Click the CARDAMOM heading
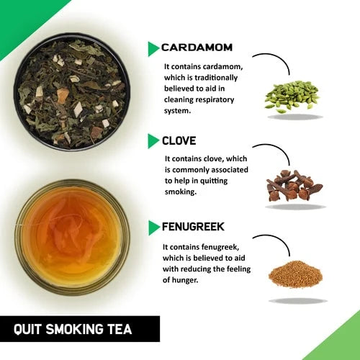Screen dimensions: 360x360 pos(197,48)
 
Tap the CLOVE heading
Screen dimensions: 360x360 pos(179,140)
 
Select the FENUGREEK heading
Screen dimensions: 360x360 pos(193,227)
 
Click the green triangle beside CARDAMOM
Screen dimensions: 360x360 pos(153,49)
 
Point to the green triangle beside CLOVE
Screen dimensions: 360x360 pos(153,141)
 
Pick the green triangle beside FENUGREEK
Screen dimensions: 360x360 pos(154,228)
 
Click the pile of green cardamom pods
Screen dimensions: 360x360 pos(292,96)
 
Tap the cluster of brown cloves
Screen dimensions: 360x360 pos(294,185)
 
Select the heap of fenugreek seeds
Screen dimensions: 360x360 pos(295,274)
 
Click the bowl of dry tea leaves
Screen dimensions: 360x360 pos(72,92)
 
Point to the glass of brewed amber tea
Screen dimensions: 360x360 pos(72,238)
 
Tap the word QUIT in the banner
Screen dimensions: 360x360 pos(27,329)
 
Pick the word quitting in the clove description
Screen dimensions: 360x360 pos(214,181)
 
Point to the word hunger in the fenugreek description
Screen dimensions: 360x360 pos(186,280)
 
